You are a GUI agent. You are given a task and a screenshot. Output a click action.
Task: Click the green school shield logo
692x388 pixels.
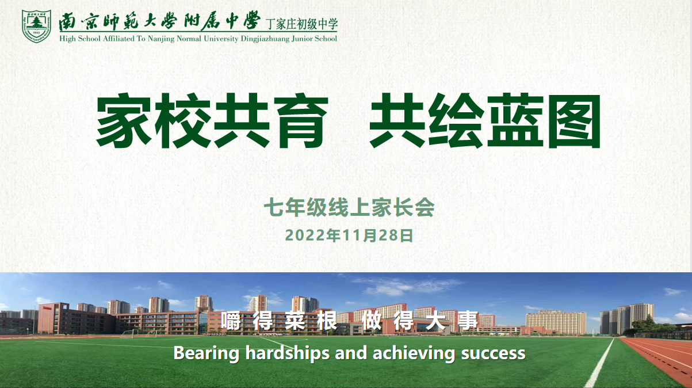pyautogui.click(x=36, y=26)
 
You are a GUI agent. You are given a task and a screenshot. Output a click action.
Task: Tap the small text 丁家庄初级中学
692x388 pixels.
pyautogui.click(x=302, y=24)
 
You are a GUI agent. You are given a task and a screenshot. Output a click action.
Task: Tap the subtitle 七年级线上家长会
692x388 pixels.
pyautogui.click(x=349, y=207)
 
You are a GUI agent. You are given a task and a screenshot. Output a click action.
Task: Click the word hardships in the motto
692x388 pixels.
pyautogui.click(x=287, y=353)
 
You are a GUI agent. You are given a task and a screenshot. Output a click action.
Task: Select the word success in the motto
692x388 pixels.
pyautogui.click(x=493, y=353)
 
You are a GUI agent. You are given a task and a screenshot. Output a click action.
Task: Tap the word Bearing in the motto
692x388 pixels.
pyautogui.click(x=206, y=353)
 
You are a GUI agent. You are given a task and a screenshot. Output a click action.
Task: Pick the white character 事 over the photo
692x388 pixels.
pyautogui.click(x=468, y=321)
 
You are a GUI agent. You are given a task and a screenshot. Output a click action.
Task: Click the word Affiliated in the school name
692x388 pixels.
pyautogui.click(x=118, y=39)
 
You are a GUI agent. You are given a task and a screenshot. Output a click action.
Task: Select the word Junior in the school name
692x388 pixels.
pyautogui.click(x=303, y=39)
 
